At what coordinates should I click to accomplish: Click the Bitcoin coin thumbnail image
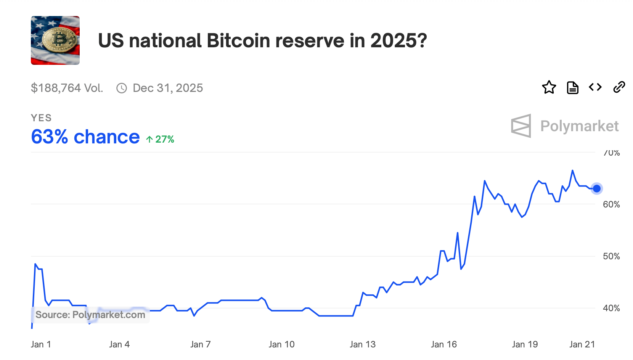[x=55, y=40]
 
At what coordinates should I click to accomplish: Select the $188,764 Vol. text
[x=67, y=88]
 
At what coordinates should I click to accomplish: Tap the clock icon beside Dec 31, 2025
[x=122, y=88]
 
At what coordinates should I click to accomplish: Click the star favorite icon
[x=549, y=87]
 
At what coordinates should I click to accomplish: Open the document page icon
[x=572, y=87]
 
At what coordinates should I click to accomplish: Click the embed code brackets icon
[x=595, y=87]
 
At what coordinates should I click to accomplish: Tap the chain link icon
[x=619, y=87]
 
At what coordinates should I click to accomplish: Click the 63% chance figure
[x=85, y=137]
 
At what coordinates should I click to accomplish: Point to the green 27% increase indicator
[x=161, y=139]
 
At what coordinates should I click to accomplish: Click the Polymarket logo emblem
[x=521, y=126]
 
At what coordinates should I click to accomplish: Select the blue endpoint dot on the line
[x=597, y=188]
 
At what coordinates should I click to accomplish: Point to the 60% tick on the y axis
[x=611, y=204]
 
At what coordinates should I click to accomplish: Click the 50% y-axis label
[x=611, y=256]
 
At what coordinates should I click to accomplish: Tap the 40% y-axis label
[x=611, y=308]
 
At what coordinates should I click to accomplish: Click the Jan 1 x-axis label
[x=41, y=344]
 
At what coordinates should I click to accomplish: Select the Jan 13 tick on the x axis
[x=363, y=344]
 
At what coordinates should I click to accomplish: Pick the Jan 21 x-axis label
[x=582, y=344]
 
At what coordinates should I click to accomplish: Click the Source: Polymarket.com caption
[x=90, y=315]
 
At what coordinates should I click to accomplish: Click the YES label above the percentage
[x=41, y=118]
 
